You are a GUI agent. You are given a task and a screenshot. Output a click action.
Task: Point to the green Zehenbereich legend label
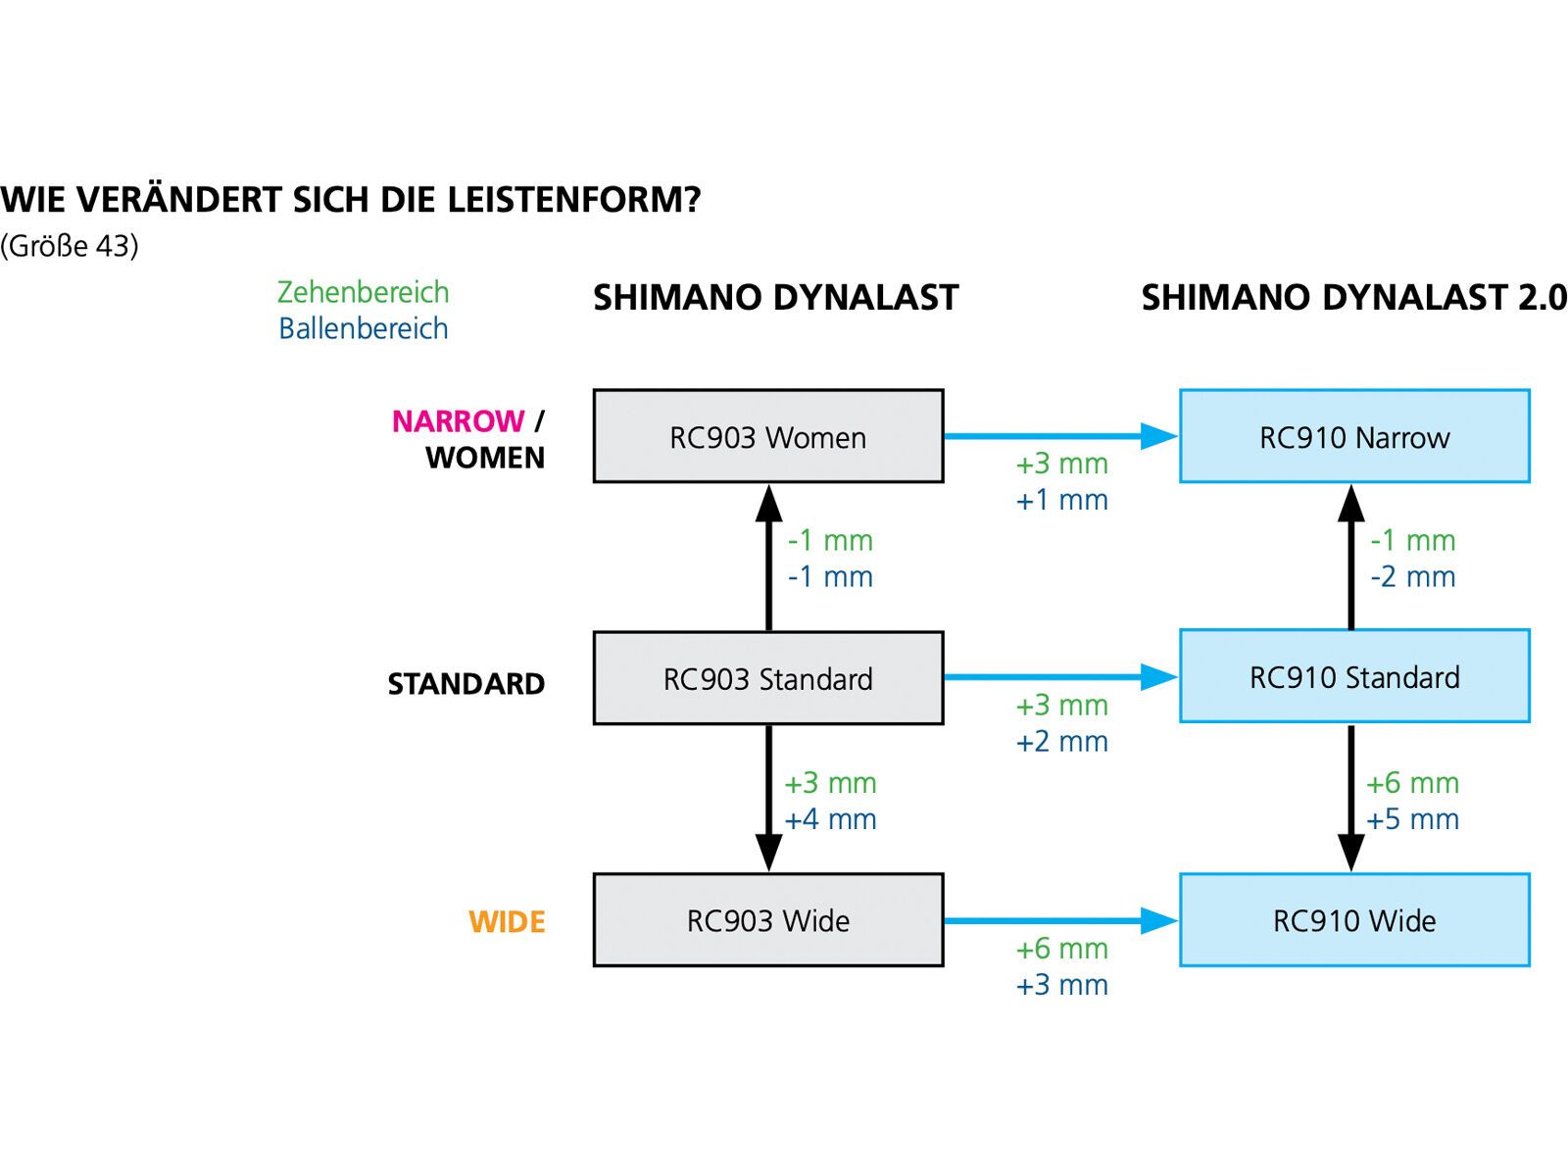tap(363, 292)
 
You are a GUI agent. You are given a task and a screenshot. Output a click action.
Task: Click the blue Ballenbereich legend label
tap(363, 328)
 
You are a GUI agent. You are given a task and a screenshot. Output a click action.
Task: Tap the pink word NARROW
tap(458, 421)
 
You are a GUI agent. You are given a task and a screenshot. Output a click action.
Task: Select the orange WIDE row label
tap(507, 922)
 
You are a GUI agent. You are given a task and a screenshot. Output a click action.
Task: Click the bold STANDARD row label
tap(465, 684)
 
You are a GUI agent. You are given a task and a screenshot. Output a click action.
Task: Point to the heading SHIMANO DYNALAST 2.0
tap(1353, 297)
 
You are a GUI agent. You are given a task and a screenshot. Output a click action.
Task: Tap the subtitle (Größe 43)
tap(70, 246)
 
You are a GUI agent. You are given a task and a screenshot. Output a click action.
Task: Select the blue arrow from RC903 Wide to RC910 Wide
tap(1060, 920)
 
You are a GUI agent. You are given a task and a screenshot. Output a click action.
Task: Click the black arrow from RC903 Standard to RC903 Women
tap(768, 557)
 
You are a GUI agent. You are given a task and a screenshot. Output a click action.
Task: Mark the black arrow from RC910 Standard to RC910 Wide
tap(1350, 798)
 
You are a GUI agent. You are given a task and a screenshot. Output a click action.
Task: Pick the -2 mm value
tap(1412, 576)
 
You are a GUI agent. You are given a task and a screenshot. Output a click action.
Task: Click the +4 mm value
tap(830, 819)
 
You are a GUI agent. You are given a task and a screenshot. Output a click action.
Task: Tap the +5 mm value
tap(1412, 819)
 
